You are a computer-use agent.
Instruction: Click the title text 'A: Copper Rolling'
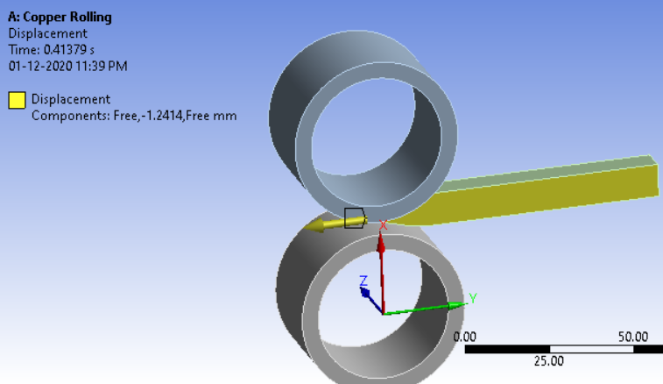pos(60,18)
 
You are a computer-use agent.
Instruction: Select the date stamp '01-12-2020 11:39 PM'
pos(68,66)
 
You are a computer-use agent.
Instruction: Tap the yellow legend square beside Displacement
pos(17,99)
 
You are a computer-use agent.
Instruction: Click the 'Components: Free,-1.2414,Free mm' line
pos(134,116)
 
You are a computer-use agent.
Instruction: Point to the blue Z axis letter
pos(364,281)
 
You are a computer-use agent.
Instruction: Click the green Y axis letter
pos(473,298)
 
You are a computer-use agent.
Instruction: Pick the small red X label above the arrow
pos(383,225)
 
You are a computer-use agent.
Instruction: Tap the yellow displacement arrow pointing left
pos(324,224)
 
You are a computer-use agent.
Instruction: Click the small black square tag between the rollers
pos(354,217)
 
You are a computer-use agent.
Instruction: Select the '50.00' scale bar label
pos(633,337)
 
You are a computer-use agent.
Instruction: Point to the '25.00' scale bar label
pos(549,360)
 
